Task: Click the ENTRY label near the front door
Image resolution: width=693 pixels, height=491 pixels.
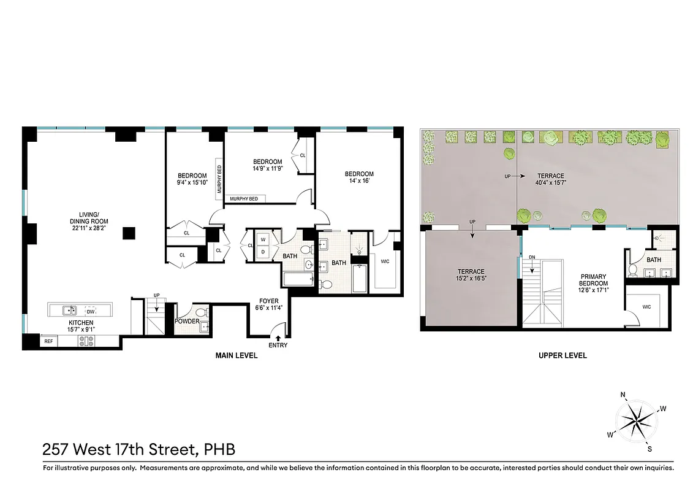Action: click(x=278, y=345)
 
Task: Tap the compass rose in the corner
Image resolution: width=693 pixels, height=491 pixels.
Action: click(x=637, y=421)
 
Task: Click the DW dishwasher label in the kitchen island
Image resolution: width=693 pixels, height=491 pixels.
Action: click(x=91, y=311)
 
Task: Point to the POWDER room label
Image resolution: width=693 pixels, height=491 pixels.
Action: click(x=187, y=321)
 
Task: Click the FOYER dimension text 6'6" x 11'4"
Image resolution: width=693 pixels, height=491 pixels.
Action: click(x=269, y=309)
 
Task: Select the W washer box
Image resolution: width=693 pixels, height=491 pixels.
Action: click(x=263, y=239)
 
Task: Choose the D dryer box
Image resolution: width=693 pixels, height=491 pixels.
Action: click(x=263, y=252)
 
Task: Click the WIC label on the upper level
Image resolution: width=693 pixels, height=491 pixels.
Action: click(x=646, y=306)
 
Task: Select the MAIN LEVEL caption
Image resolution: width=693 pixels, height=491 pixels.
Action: click(x=236, y=355)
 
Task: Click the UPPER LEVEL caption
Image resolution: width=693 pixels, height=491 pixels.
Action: click(x=562, y=355)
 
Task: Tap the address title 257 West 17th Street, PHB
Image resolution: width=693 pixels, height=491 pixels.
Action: click(x=139, y=449)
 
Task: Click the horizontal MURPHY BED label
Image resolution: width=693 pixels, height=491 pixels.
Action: click(x=244, y=199)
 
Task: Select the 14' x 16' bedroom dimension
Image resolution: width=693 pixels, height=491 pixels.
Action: click(x=358, y=181)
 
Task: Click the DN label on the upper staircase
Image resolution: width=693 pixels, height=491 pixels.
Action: click(x=532, y=257)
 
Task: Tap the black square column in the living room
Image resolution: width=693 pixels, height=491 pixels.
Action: click(x=129, y=233)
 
